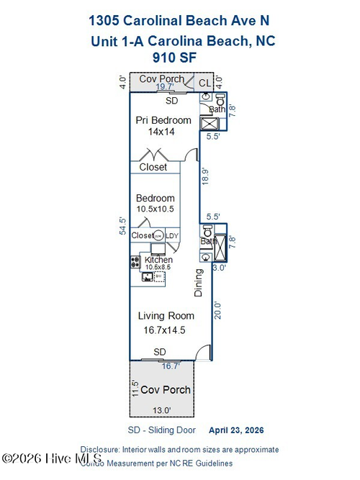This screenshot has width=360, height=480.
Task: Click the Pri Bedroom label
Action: pos(163,120)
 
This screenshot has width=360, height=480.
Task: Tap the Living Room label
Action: pos(166,315)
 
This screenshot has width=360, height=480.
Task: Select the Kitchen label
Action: pos(158,259)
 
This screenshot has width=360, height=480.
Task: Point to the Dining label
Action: pos(199,283)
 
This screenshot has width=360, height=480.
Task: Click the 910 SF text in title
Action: pos(175,56)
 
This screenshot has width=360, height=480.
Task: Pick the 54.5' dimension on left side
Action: pos(123,226)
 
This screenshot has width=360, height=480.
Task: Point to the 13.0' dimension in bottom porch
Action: pos(161,410)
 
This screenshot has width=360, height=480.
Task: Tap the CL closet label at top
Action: pos(204,83)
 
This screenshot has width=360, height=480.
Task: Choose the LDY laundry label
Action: pos(172,235)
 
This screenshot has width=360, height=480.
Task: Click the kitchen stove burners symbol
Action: pos(135,263)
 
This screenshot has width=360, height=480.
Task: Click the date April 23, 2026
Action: pos(236,430)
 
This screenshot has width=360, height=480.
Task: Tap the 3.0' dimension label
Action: pos(220,268)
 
